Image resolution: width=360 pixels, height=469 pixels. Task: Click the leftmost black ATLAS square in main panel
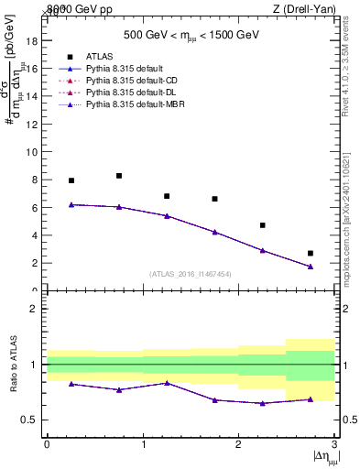tap(71, 180)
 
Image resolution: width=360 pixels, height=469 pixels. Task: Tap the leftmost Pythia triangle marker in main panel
tap(71, 204)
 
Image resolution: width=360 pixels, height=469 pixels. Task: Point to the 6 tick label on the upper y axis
tap(34, 208)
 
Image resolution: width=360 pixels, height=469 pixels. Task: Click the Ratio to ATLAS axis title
tap(12, 365)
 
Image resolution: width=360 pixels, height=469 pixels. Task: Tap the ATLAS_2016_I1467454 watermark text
tap(189, 274)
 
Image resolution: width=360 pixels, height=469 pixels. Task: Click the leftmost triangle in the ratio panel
tap(71, 384)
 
